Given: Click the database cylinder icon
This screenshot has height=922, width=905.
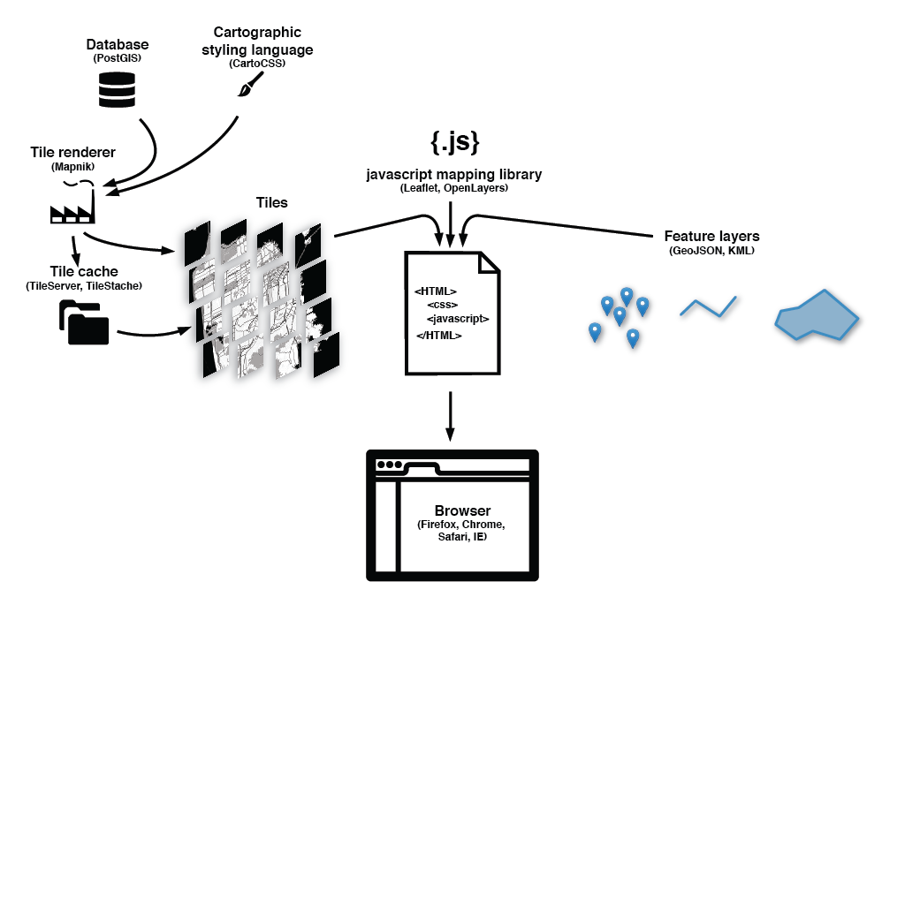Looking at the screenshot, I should tap(117, 90).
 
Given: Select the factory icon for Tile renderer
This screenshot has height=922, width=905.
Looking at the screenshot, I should tap(72, 208).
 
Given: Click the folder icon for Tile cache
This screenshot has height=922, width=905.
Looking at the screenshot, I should tap(84, 322).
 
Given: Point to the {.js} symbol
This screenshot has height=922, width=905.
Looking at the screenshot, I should tap(454, 141).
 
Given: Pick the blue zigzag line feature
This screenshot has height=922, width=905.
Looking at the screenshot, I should tap(708, 307).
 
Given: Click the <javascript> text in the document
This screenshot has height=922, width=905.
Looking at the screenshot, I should tap(458, 319).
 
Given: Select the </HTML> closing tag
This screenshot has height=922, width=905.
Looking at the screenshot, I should tap(439, 336).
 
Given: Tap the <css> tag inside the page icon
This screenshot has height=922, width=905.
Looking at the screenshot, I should tap(442, 305).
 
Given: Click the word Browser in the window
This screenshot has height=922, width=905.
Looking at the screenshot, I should tap(462, 511).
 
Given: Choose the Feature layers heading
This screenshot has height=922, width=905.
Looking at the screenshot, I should tap(711, 237).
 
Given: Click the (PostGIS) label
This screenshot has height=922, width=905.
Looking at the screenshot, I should tap(117, 58).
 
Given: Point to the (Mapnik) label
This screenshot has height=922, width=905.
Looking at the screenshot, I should tap(72, 166).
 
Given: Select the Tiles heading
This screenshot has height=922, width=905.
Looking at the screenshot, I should tap(271, 203).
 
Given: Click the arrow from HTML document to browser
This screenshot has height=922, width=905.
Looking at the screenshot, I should tap(450, 415).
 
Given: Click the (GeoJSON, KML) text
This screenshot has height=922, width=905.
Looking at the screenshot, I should tap(711, 251).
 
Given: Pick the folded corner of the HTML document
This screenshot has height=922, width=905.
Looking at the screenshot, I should tap(489, 262).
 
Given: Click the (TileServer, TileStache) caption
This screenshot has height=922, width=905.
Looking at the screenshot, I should tap(84, 285).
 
